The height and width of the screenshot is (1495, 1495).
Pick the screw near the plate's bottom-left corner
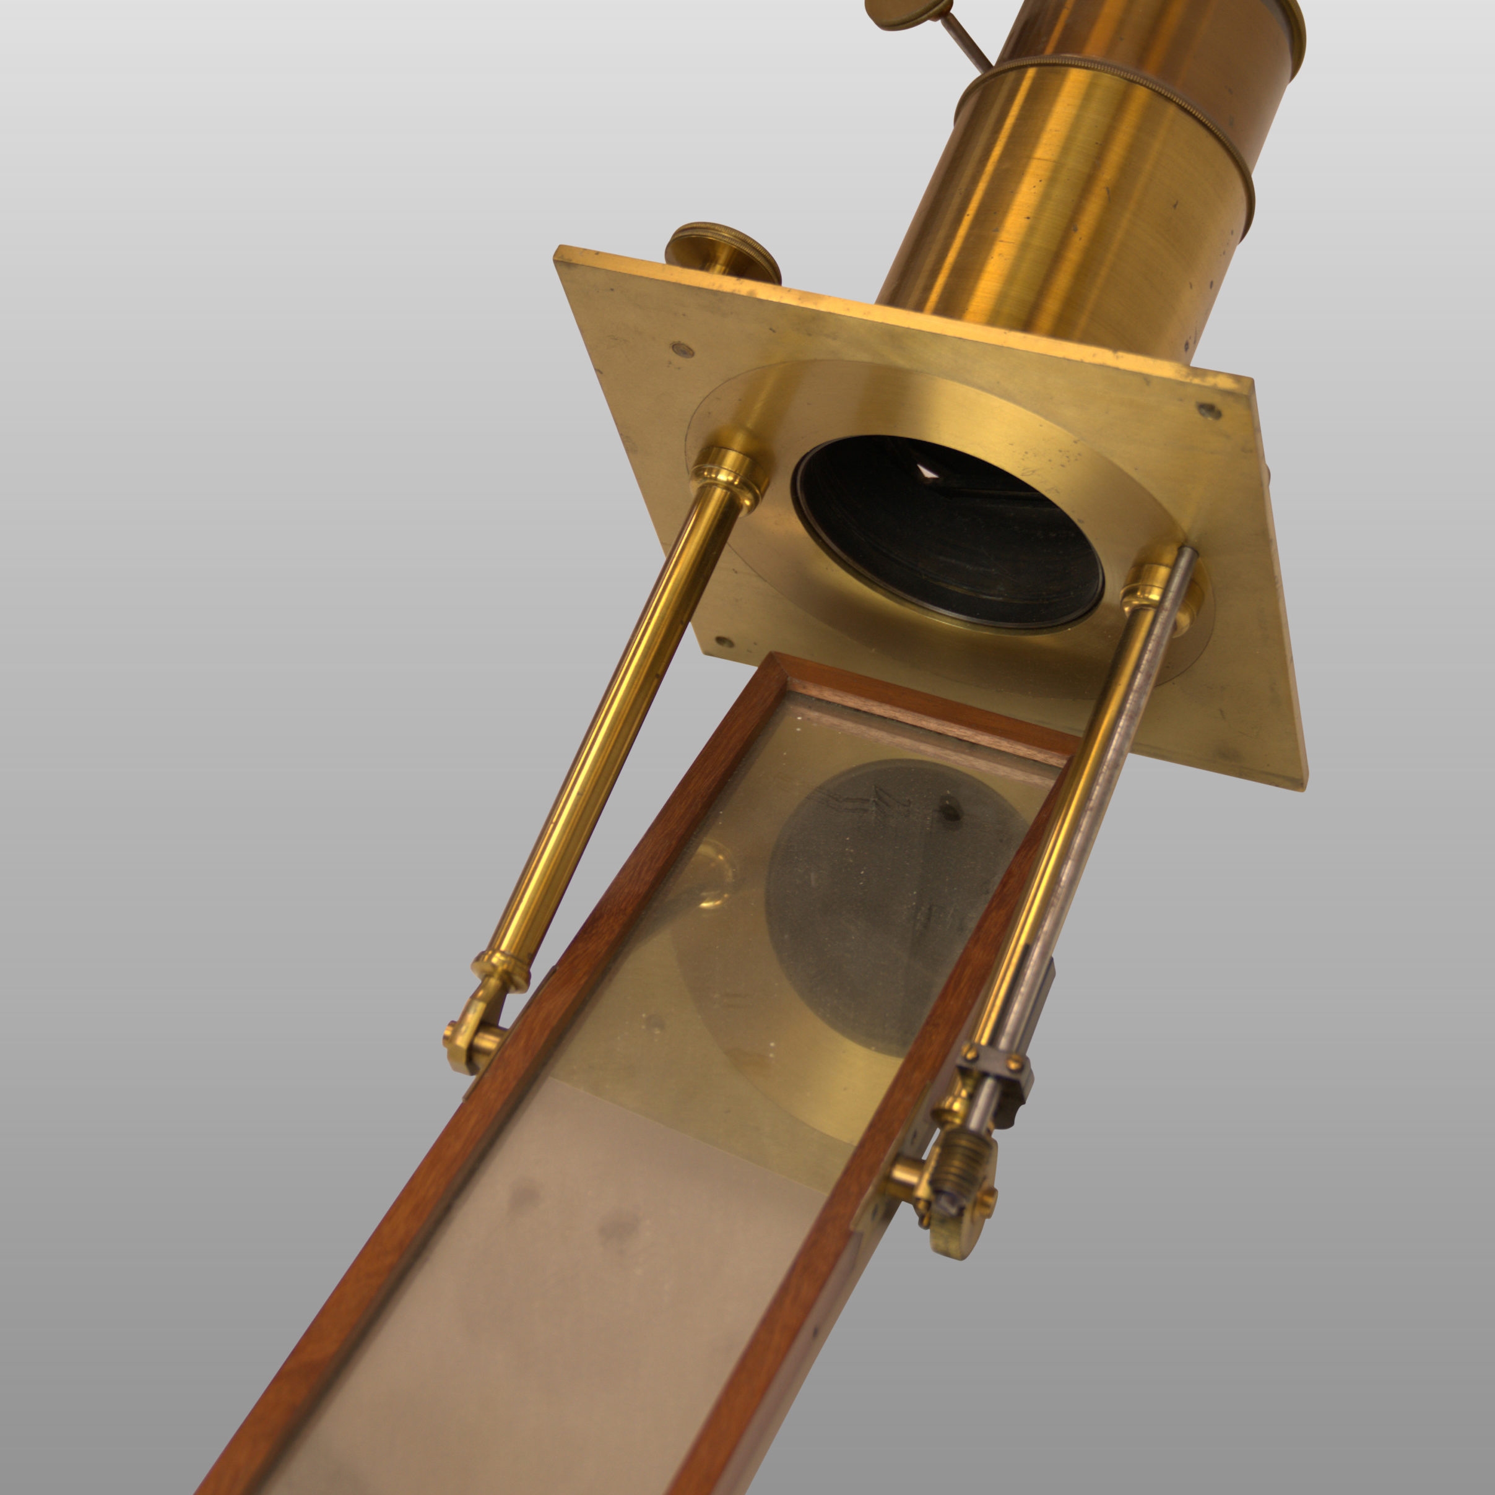pos(724,641)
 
